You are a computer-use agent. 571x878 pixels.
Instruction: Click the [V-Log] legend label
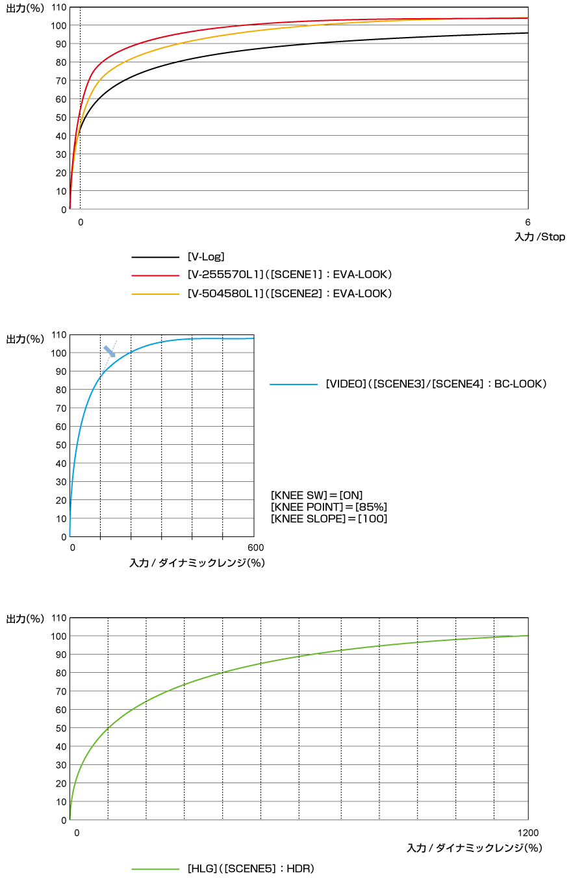206,257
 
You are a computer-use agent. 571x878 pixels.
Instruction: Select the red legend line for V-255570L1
155,275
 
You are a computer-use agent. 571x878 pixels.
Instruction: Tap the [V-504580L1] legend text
289,294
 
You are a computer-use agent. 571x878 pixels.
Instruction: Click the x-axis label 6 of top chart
527,222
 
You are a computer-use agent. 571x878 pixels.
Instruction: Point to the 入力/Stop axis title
539,237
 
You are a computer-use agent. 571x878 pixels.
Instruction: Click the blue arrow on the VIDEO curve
110,351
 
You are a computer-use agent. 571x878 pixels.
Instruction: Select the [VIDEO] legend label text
436,384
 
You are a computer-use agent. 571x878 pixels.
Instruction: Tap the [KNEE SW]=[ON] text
316,495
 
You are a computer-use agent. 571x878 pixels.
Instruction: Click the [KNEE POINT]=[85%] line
329,507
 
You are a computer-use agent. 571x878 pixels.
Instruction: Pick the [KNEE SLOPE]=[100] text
329,518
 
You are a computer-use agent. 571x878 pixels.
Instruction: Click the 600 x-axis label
255,548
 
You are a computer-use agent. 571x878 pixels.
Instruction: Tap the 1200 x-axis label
527,833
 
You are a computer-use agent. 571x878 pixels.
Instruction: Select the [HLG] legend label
250,868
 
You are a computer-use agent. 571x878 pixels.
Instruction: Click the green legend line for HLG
155,868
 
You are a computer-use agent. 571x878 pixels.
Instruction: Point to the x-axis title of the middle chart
197,563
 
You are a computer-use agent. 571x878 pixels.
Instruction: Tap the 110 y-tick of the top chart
59,6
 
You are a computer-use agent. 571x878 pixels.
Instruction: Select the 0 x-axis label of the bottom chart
76,833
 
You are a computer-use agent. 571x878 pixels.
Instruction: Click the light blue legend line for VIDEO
294,384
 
